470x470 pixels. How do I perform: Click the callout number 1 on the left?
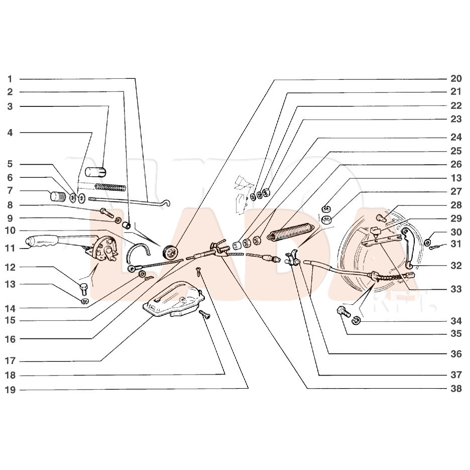10,79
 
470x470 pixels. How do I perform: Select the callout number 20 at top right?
456,78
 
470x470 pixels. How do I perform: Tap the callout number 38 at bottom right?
456,389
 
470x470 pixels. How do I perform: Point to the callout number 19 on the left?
10,390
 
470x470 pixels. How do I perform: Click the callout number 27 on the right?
456,191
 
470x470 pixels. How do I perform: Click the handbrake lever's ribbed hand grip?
42,241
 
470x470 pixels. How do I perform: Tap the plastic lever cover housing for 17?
173,299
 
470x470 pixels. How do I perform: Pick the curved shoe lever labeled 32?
407,247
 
